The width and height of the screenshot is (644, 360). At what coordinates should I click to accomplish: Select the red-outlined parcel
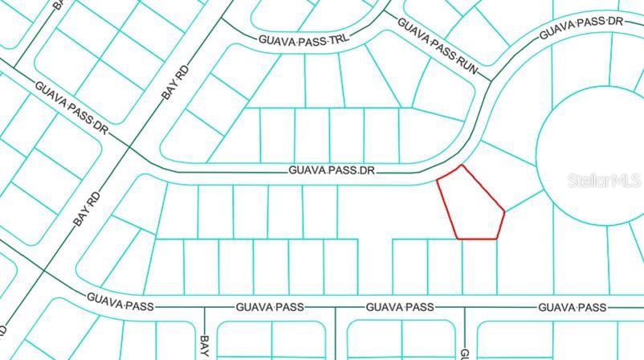[x=471, y=205]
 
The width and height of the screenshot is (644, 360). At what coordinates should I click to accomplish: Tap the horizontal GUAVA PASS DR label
[x=332, y=170]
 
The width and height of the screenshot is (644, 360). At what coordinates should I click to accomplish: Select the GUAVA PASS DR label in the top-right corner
[x=581, y=29]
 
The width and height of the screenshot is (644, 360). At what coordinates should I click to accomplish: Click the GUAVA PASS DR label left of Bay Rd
[x=71, y=107]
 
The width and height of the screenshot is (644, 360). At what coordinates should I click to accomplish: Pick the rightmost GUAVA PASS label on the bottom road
[x=572, y=306]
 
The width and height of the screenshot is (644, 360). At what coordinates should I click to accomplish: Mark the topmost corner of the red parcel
[x=462, y=166]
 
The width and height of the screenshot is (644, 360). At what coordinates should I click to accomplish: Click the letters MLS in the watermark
[x=626, y=180]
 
